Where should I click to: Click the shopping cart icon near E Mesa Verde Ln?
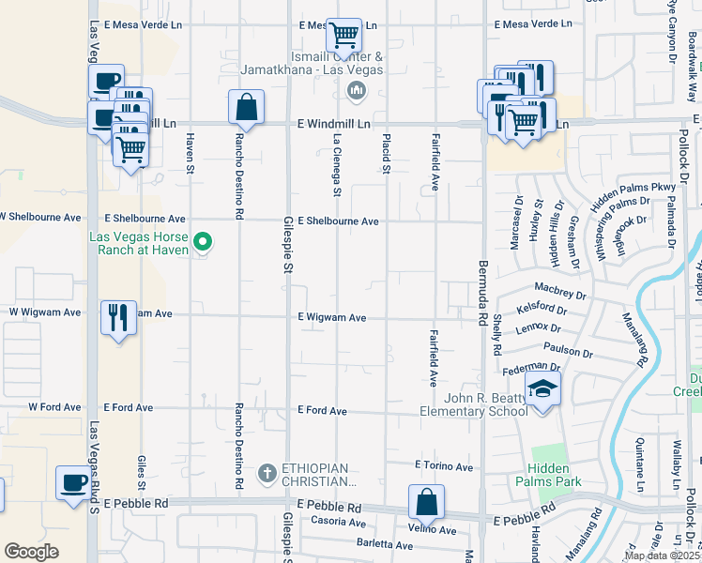[x=344, y=36]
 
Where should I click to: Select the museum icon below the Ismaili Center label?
[x=356, y=91]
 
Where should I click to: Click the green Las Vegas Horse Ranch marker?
[x=202, y=244]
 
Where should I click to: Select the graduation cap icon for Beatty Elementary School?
[x=542, y=388]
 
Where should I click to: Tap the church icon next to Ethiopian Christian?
[x=267, y=472]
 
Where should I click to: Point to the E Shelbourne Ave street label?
[x=339, y=221]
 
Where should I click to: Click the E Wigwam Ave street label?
[x=332, y=318]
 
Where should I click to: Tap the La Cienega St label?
[x=337, y=165]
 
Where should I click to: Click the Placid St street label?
[x=386, y=153]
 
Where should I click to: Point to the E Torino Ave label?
[x=444, y=465]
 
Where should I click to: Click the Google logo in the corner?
[x=31, y=552]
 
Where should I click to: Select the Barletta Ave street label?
[x=384, y=544]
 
